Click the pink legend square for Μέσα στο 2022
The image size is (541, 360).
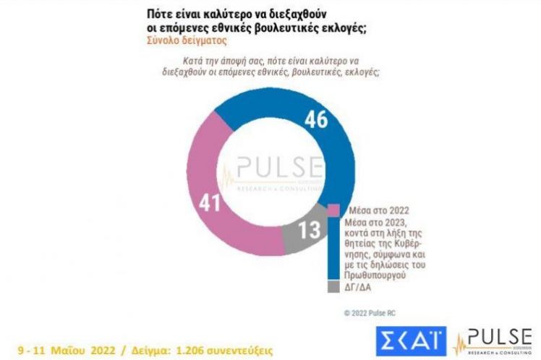point(335,208)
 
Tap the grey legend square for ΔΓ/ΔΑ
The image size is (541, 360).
point(335,287)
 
